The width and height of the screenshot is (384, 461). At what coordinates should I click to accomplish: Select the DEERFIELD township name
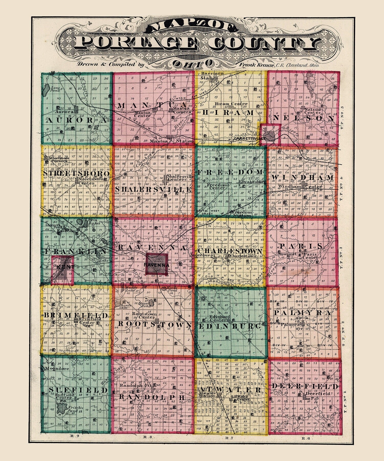coord(305,386)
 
